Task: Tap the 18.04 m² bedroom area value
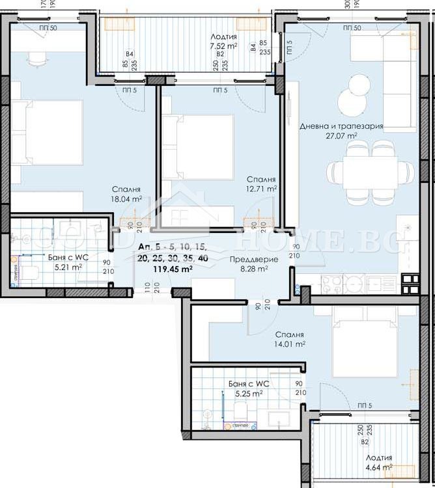pyautogui.click(x=126, y=198)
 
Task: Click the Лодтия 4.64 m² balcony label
pyautogui.click(x=378, y=462)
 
